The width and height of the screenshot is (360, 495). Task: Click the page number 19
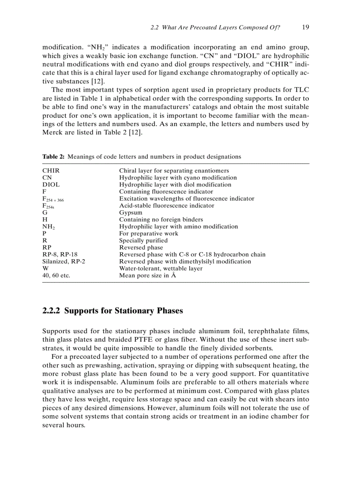point(305,27)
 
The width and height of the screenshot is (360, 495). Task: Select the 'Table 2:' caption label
point(53,156)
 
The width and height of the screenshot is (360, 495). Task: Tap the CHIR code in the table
point(51,171)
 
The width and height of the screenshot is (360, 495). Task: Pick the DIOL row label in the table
point(51,185)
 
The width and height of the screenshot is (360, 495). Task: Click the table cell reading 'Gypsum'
point(131,212)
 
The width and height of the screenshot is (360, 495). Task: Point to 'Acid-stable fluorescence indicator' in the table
point(166,205)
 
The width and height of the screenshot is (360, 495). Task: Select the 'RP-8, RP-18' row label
point(60,254)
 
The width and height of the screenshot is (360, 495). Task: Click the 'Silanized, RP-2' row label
point(64,261)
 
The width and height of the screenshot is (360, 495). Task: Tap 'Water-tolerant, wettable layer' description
point(161,268)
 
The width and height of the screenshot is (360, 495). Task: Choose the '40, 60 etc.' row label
point(56,275)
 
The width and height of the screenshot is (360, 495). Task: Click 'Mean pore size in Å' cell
point(148,275)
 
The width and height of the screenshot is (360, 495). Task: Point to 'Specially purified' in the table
point(143,241)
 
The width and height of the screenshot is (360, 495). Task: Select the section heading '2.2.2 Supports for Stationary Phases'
point(112,311)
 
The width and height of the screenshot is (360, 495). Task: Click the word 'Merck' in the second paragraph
point(52,133)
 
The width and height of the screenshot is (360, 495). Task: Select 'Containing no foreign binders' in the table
point(161,220)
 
